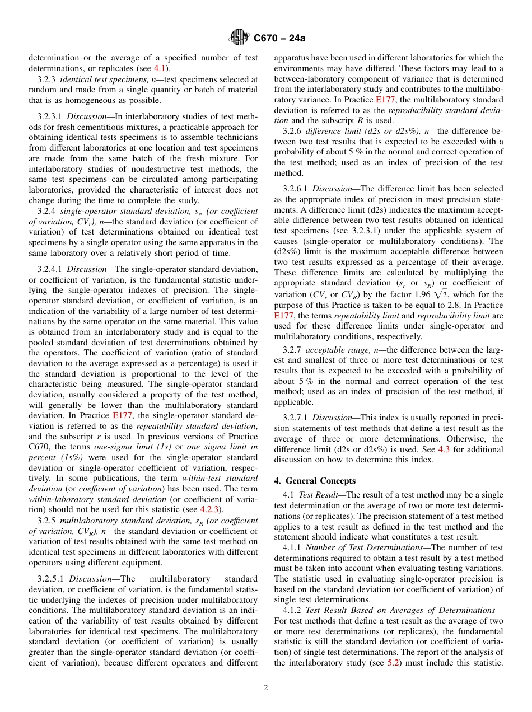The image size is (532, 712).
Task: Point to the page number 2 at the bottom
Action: tap(266, 688)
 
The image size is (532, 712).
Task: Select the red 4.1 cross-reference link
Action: tap(160, 68)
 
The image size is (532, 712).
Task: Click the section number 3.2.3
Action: tap(46, 79)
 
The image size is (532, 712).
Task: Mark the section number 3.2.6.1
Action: tap(296, 189)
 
